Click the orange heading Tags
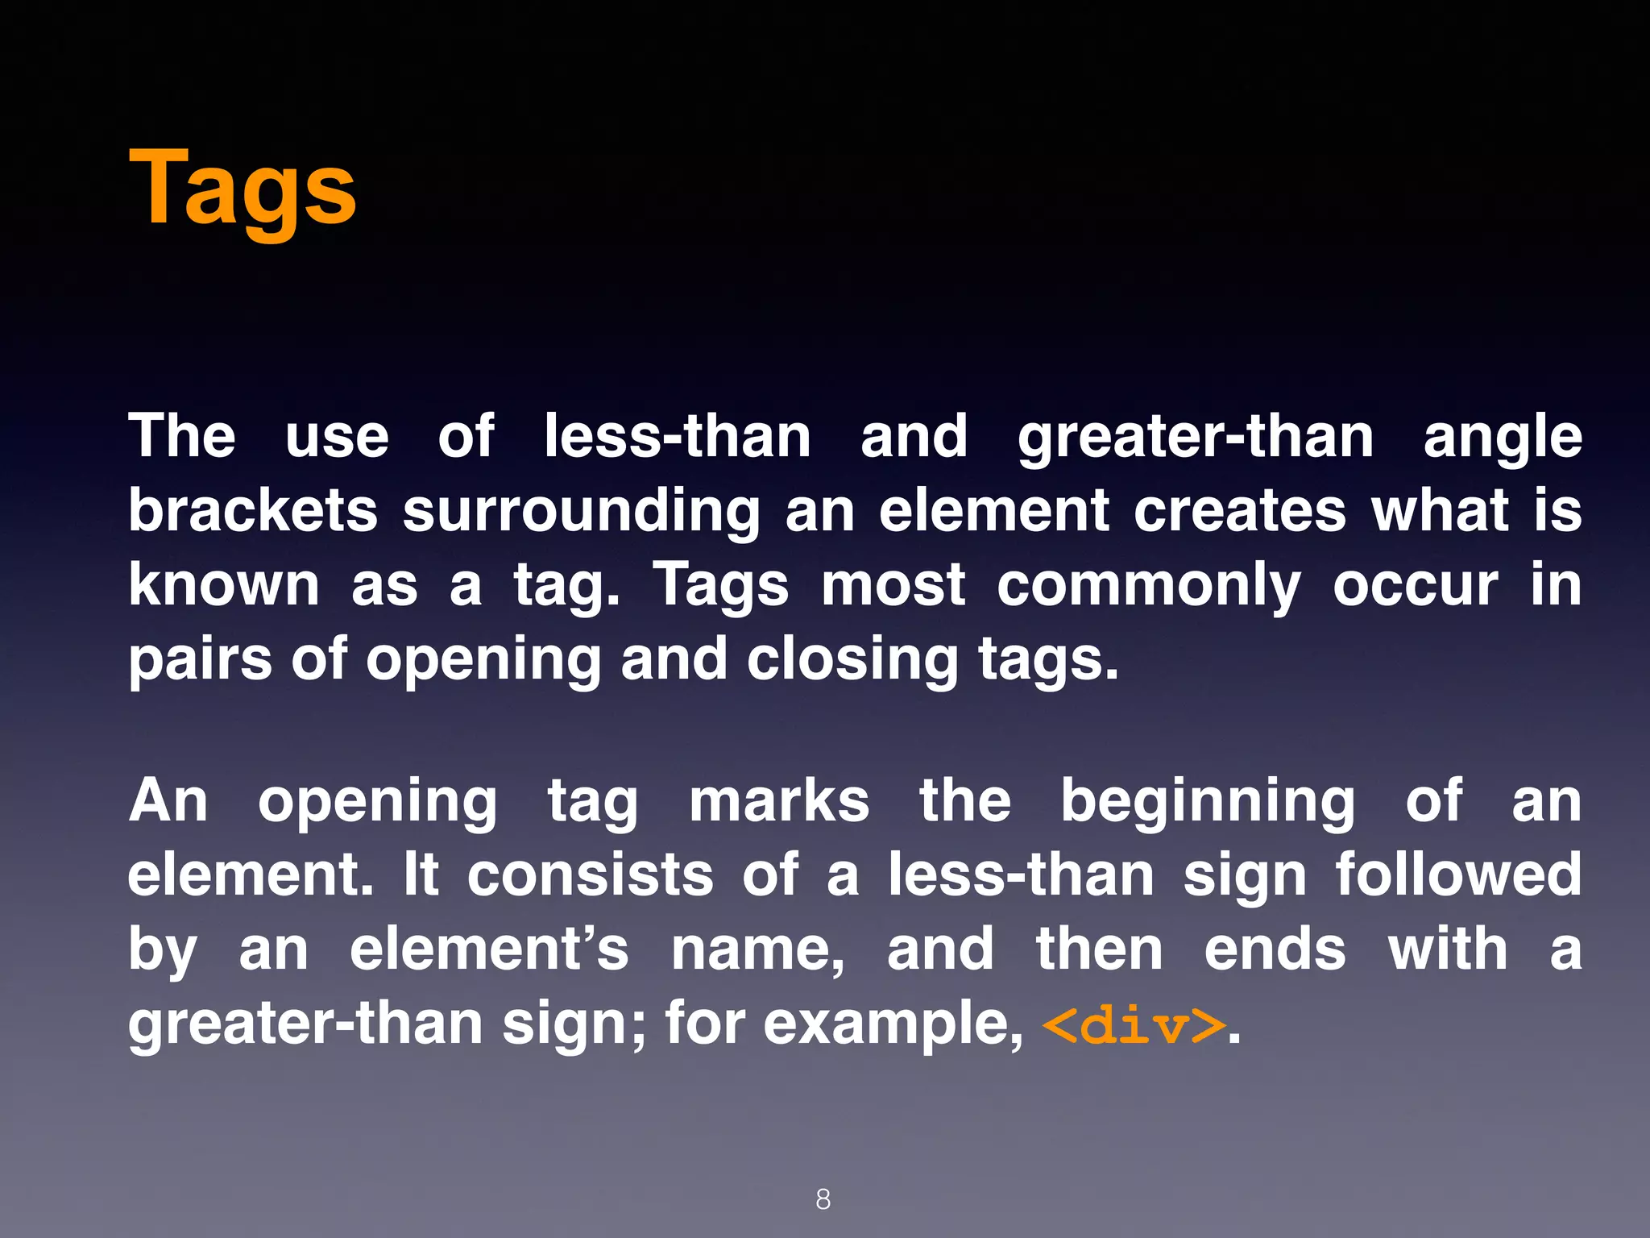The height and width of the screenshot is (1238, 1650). click(243, 190)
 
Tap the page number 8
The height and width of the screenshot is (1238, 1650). click(823, 1199)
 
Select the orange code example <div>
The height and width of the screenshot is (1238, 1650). click(1134, 1025)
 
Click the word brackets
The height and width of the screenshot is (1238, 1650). click(253, 510)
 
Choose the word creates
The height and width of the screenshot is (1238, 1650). click(1240, 510)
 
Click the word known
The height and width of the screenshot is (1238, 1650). click(224, 584)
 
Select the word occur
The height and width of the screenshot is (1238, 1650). click(1416, 585)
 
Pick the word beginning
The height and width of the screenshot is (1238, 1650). click(1208, 803)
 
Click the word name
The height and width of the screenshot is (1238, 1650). click(757, 949)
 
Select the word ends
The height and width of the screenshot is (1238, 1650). click(1275, 949)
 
